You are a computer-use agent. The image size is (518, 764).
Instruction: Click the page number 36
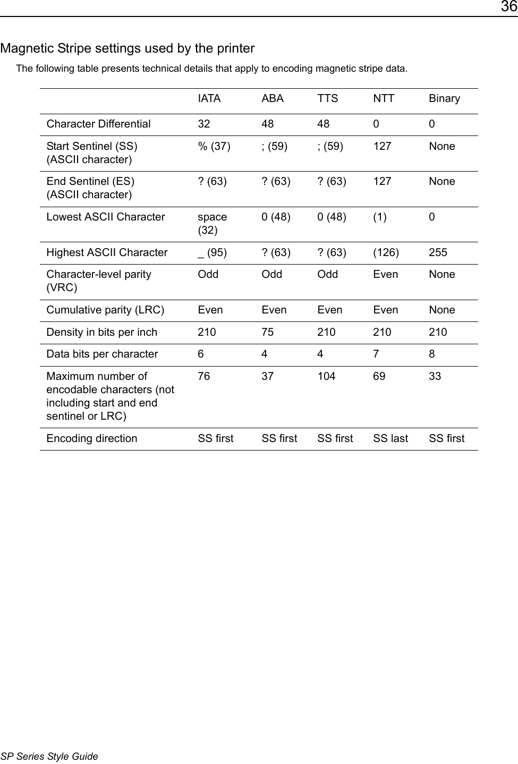coord(508,7)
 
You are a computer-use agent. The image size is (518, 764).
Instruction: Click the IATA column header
coord(209,98)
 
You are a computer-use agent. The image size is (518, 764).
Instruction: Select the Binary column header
coord(444,98)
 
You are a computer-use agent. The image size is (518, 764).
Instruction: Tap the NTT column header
coord(384,98)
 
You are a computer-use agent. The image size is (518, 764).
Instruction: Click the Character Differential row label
coord(98,124)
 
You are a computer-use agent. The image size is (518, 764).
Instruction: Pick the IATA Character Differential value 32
coord(204,124)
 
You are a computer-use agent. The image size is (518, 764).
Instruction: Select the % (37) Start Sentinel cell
coord(214,146)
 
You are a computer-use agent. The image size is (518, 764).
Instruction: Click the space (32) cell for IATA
coord(212,223)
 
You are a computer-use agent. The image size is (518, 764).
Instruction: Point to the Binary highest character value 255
coord(438,252)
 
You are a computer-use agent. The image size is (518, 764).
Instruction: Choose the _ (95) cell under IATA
coord(212,252)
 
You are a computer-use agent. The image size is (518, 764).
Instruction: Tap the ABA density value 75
coord(267,332)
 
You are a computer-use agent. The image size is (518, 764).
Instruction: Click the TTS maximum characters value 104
coord(326,376)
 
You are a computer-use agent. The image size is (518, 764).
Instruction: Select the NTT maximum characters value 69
coord(379,376)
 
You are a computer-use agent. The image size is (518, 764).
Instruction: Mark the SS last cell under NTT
coord(390,438)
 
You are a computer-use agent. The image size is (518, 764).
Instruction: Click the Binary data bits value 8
coord(432,354)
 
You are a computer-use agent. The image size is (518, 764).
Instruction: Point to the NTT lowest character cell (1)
coord(380,217)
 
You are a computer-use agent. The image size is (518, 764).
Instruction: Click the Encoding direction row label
coord(91,438)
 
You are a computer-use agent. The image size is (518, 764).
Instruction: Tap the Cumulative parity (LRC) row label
coord(105,310)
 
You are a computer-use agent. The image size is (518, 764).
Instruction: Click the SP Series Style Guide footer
coord(49,756)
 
